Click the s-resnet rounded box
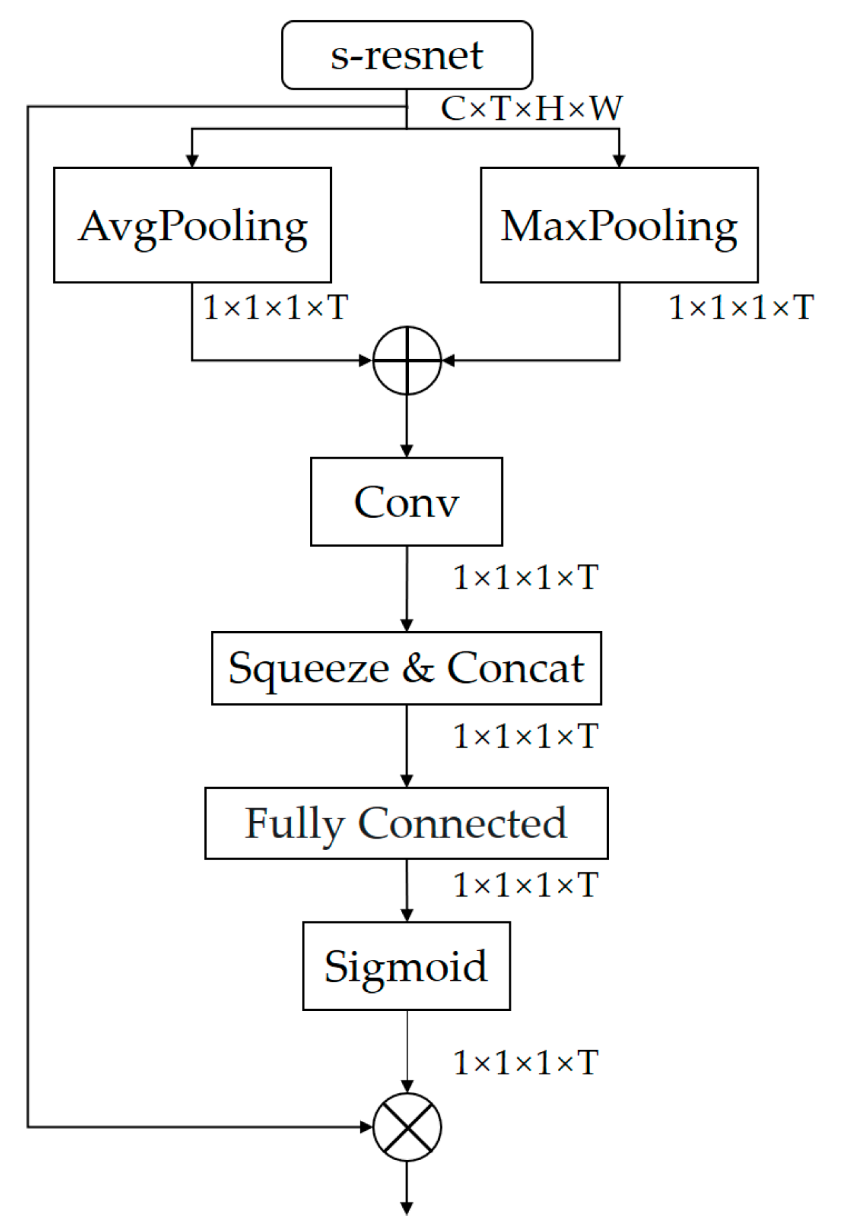[x=406, y=55]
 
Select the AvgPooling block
[x=192, y=225]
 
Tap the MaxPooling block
[x=618, y=225]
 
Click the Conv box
[x=406, y=502]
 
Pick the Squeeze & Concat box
[x=406, y=668]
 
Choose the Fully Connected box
[x=406, y=823]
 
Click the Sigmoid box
[x=406, y=966]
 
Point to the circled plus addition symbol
[x=407, y=360]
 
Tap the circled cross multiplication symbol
[x=407, y=1127]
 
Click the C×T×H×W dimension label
[x=531, y=108]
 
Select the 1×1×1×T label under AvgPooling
[x=275, y=308]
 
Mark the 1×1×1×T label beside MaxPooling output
[x=741, y=308]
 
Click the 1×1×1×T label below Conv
[x=526, y=577]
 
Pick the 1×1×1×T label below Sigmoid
[x=526, y=1063]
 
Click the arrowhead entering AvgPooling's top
[x=192, y=161]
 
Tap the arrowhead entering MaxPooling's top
[x=618, y=161]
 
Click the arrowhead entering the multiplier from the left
[x=367, y=1127]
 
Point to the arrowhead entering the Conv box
[x=406, y=451]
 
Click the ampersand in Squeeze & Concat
[x=418, y=668]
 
